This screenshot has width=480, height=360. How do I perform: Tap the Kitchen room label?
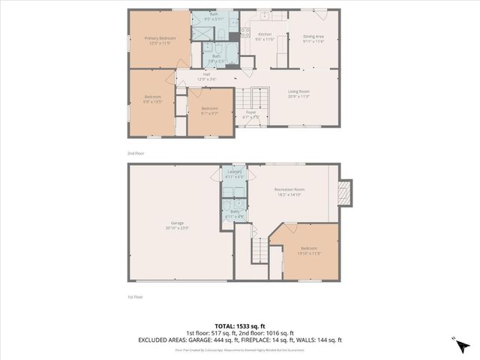tap(264, 34)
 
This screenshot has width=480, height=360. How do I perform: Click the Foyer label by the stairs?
tap(251, 112)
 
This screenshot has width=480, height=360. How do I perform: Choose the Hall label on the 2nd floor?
tap(205, 76)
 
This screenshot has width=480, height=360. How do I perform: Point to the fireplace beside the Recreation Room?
tap(345, 193)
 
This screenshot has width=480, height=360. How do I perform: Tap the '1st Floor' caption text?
tap(135, 296)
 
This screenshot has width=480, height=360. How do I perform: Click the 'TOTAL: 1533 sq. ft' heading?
tap(239, 326)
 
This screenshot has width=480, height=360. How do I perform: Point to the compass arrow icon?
tap(463, 344)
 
